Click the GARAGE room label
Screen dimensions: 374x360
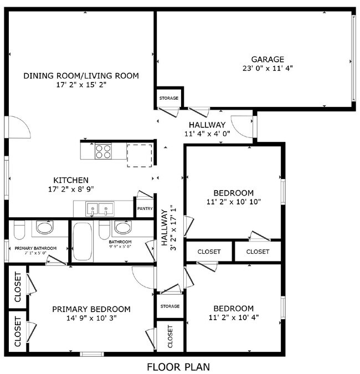pyautogui.click(x=268, y=59)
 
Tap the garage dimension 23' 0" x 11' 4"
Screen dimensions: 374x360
pyautogui.click(x=268, y=69)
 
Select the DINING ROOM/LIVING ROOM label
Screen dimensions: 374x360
pyautogui.click(x=81, y=75)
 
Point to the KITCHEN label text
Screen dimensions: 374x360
pyautogui.click(x=71, y=180)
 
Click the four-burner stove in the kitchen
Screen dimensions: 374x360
pyautogui.click(x=103, y=151)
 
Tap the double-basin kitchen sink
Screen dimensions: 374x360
pyautogui.click(x=100, y=209)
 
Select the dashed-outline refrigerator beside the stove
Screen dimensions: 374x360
pyautogui.click(x=139, y=155)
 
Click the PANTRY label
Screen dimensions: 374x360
pyautogui.click(x=145, y=208)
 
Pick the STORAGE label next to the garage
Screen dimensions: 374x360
pyautogui.click(x=169, y=98)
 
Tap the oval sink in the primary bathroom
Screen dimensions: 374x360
pyautogui.click(x=44, y=227)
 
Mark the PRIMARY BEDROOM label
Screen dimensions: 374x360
pyautogui.click(x=91, y=309)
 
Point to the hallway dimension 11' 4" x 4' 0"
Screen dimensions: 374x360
pyautogui.click(x=207, y=134)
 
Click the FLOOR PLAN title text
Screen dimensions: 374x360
pyautogui.click(x=178, y=366)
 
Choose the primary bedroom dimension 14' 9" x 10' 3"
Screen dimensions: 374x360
pyautogui.click(x=91, y=318)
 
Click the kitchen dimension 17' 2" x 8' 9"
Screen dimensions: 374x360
pyautogui.click(x=71, y=189)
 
